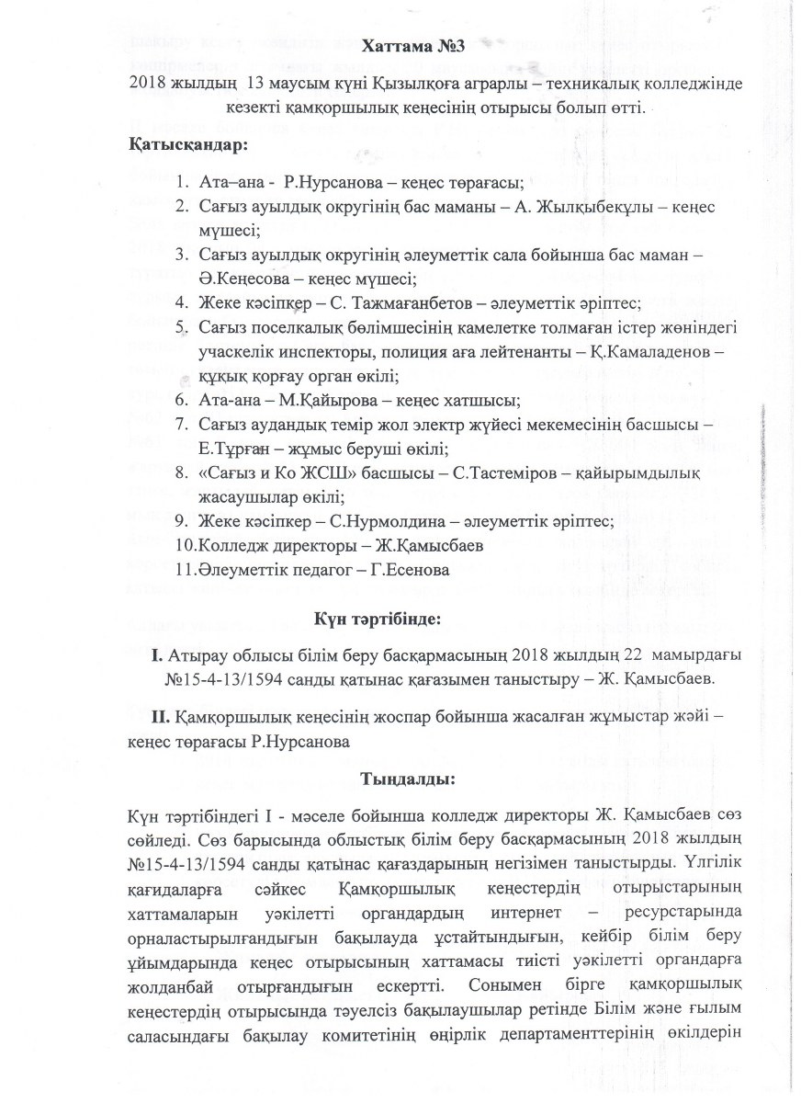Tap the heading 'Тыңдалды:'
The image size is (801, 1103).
click(x=402, y=779)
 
